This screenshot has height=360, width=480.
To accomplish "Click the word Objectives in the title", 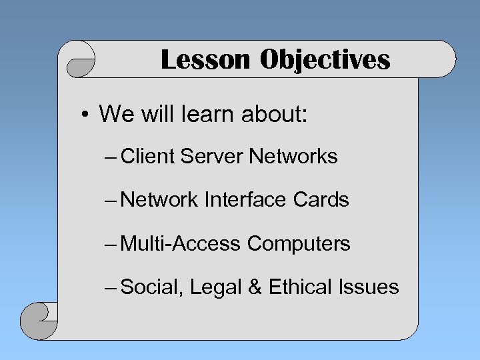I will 325,60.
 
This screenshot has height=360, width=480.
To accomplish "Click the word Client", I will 149,157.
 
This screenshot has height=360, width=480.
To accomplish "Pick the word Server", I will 212,157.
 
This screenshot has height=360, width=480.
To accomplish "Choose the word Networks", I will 293,157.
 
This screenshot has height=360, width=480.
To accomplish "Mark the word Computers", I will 299,244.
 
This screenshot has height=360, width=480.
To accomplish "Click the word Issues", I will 369,287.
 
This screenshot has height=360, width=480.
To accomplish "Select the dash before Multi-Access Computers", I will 111,243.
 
